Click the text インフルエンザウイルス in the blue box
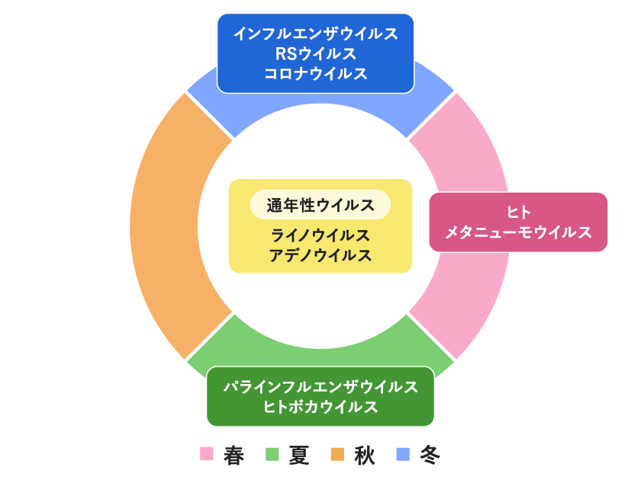pyautogui.click(x=315, y=34)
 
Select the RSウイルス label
pyautogui.click(x=315, y=54)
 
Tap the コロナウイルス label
pyautogui.click(x=315, y=74)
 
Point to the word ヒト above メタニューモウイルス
pyautogui.click(x=518, y=213)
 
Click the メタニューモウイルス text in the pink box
pyautogui.click(x=518, y=232)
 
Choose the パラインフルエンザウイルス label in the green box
pyautogui.click(x=320, y=387)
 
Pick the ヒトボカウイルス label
pyautogui.click(x=320, y=407)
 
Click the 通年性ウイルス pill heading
pyautogui.click(x=320, y=205)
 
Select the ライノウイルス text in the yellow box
pyautogui.click(x=320, y=235)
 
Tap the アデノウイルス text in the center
pyautogui.click(x=320, y=255)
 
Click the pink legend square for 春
pyautogui.click(x=206, y=454)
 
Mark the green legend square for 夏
pyautogui.click(x=272, y=454)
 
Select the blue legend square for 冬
pyautogui.click(x=403, y=454)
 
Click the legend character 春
pyautogui.click(x=234, y=455)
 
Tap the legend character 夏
pyautogui.click(x=299, y=455)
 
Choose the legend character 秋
pyautogui.click(x=365, y=455)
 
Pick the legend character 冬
pyautogui.click(x=430, y=455)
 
